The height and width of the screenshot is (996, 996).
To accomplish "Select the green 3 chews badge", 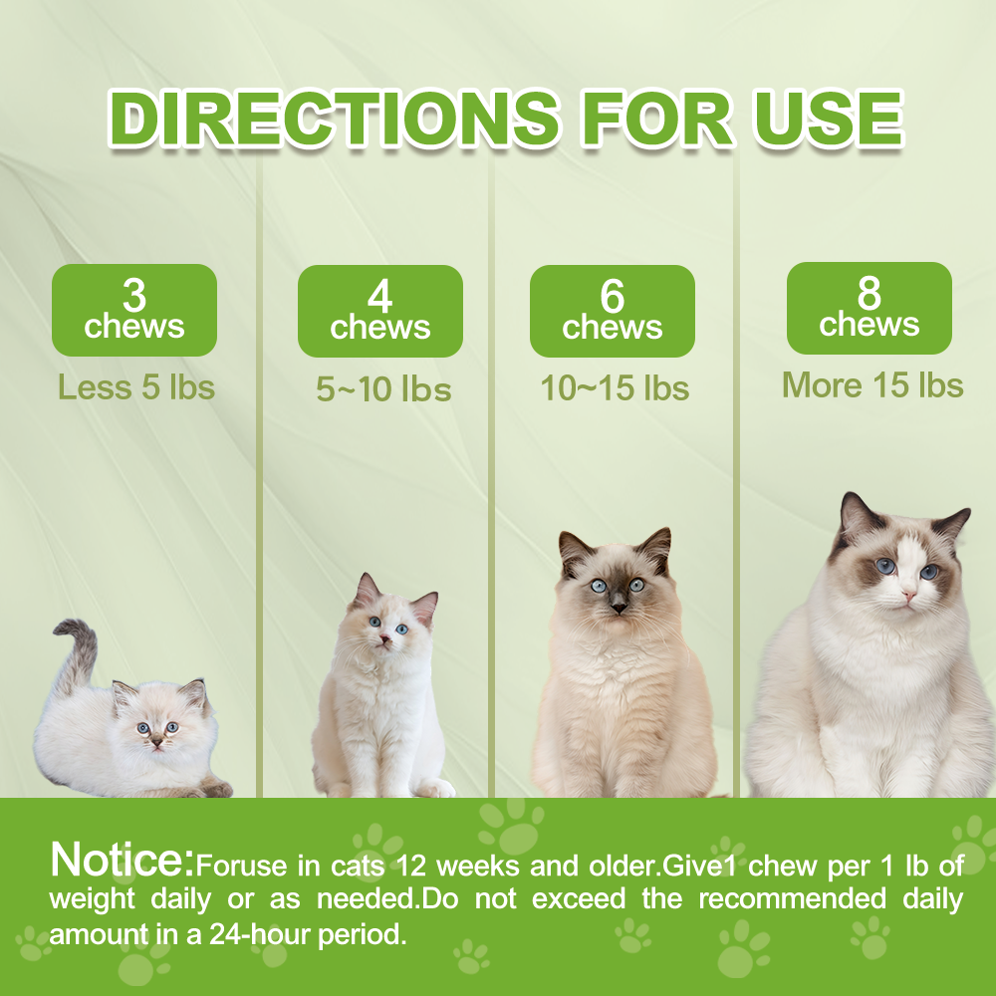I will pyautogui.click(x=134, y=310).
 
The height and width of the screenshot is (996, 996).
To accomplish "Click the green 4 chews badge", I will pyautogui.click(x=380, y=311).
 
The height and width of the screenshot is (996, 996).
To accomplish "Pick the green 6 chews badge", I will pyautogui.click(x=612, y=311).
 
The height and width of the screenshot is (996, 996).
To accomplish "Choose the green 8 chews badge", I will pyautogui.click(x=870, y=308).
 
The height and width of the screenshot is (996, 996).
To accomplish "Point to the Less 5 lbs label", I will pyautogui.click(x=136, y=386).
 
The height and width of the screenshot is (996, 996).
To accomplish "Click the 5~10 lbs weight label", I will pyautogui.click(x=383, y=389).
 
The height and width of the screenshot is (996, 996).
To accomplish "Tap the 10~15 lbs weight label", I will pyautogui.click(x=615, y=388).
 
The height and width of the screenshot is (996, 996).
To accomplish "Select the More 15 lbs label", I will pyautogui.click(x=872, y=384).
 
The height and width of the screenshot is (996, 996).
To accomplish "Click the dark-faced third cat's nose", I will pyautogui.click(x=619, y=604).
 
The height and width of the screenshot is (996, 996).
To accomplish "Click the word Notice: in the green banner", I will pyautogui.click(x=122, y=860).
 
